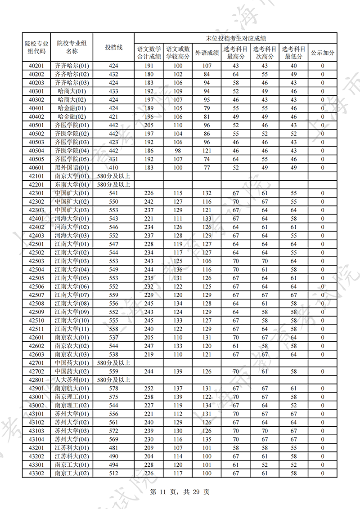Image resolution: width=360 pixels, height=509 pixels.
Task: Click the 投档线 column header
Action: click(x=113, y=47)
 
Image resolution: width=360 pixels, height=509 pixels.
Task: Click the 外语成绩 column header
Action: click(x=207, y=53)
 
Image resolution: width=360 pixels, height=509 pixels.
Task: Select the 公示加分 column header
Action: click(x=323, y=53)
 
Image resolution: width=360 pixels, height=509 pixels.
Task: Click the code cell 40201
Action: click(x=36, y=66)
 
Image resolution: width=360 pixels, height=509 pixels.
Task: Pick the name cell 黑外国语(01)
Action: click(x=72, y=168)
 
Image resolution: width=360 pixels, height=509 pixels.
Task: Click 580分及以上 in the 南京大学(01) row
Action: click(x=113, y=176)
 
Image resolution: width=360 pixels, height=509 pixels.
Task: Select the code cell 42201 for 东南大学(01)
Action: click(x=36, y=185)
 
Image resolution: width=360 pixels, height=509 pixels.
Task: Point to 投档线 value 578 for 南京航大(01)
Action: click(x=113, y=388)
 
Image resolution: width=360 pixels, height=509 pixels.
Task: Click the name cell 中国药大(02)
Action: click(x=72, y=371)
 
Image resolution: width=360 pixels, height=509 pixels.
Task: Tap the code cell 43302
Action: click(x=36, y=473)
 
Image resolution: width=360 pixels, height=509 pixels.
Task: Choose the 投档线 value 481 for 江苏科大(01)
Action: click(x=113, y=448)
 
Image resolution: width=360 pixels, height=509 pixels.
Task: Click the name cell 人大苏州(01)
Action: click(x=72, y=380)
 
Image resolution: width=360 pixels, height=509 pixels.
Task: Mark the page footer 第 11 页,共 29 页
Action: click(x=180, y=491)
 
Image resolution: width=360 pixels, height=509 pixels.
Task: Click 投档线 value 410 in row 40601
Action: click(x=113, y=168)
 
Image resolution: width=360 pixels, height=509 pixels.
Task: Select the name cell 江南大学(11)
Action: click(x=72, y=329)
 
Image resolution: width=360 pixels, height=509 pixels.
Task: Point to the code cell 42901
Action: click(x=36, y=388)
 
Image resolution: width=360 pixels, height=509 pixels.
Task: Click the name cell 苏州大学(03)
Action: click(x=72, y=431)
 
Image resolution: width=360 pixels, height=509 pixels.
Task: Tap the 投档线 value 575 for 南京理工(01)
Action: click(x=113, y=397)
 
